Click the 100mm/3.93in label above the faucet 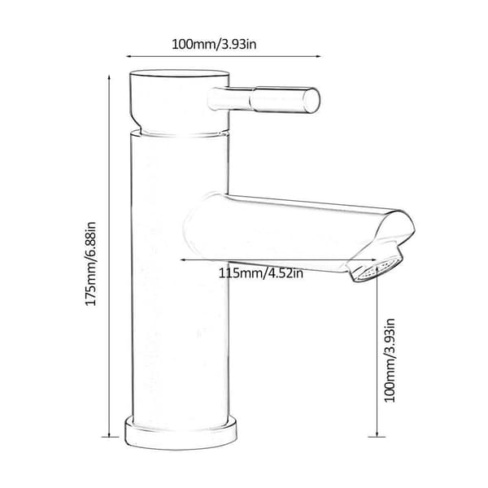click(x=214, y=44)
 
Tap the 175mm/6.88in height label click(x=91, y=264)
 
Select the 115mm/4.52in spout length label click(x=260, y=273)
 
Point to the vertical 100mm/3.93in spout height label click(x=390, y=360)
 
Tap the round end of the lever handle click(x=312, y=100)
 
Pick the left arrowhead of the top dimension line click(x=129, y=56)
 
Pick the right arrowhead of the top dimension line click(x=318, y=56)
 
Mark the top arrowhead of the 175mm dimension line click(x=109, y=77)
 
